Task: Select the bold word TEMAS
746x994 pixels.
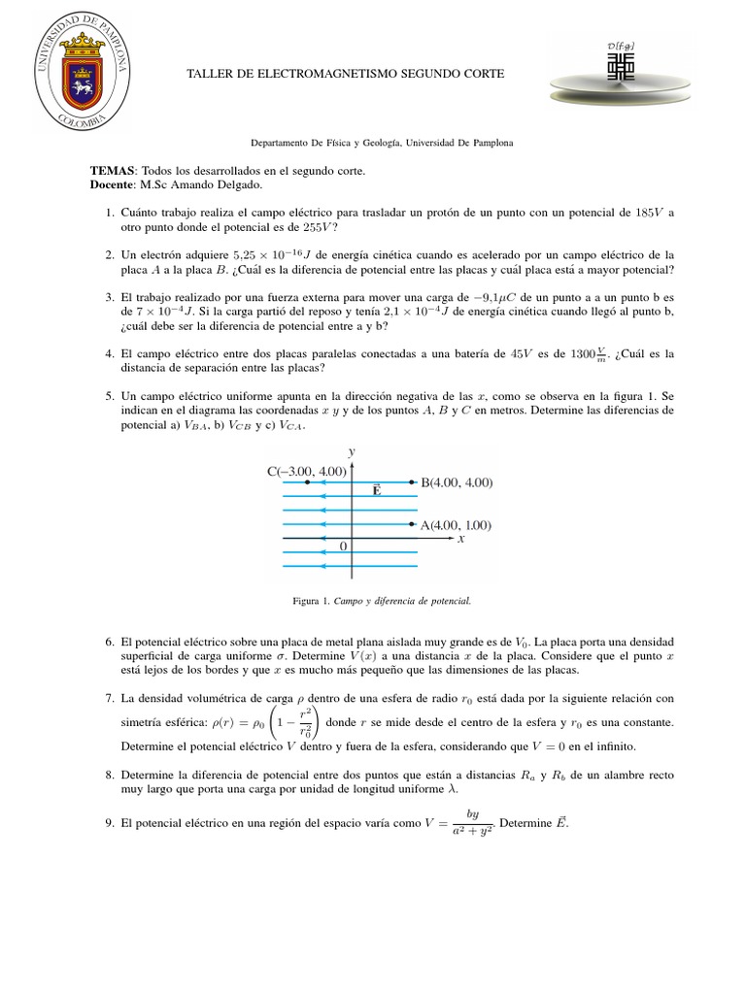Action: pyautogui.click(x=114, y=171)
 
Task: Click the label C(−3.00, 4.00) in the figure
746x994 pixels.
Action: pyautogui.click(x=306, y=472)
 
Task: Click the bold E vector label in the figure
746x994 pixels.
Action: pyautogui.click(x=375, y=492)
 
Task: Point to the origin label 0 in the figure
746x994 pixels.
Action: pyautogui.click(x=343, y=547)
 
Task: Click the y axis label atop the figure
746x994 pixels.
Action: pyautogui.click(x=351, y=451)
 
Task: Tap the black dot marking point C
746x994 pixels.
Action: pyautogui.click(x=307, y=482)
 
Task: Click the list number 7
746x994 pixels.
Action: pyautogui.click(x=109, y=699)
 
